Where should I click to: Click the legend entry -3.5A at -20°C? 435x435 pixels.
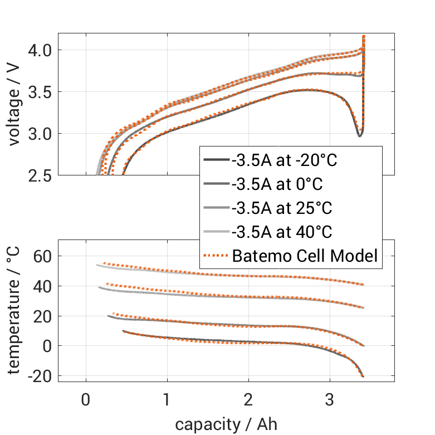click(285, 160)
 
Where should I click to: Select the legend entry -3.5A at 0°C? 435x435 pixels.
click(277, 184)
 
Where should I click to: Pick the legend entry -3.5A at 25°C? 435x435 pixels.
click(282, 208)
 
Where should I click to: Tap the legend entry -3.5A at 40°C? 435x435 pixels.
click(282, 232)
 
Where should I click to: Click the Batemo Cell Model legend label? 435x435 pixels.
click(305, 256)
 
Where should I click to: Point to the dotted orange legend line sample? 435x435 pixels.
click(216, 256)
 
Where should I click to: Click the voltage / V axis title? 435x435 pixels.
click(14, 105)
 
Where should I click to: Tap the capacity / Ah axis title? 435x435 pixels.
click(226, 424)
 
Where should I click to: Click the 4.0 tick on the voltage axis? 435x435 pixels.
click(39, 50)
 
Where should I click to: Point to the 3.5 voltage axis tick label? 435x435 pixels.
click(39, 92)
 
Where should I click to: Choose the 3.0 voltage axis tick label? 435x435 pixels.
click(39, 134)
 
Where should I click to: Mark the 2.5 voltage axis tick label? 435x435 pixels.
click(39, 175)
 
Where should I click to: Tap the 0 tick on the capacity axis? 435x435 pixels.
click(86, 400)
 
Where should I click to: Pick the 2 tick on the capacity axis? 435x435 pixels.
click(248, 400)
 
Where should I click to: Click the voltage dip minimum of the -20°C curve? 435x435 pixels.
click(360, 135)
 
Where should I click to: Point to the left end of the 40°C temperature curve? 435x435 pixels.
click(97, 265)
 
